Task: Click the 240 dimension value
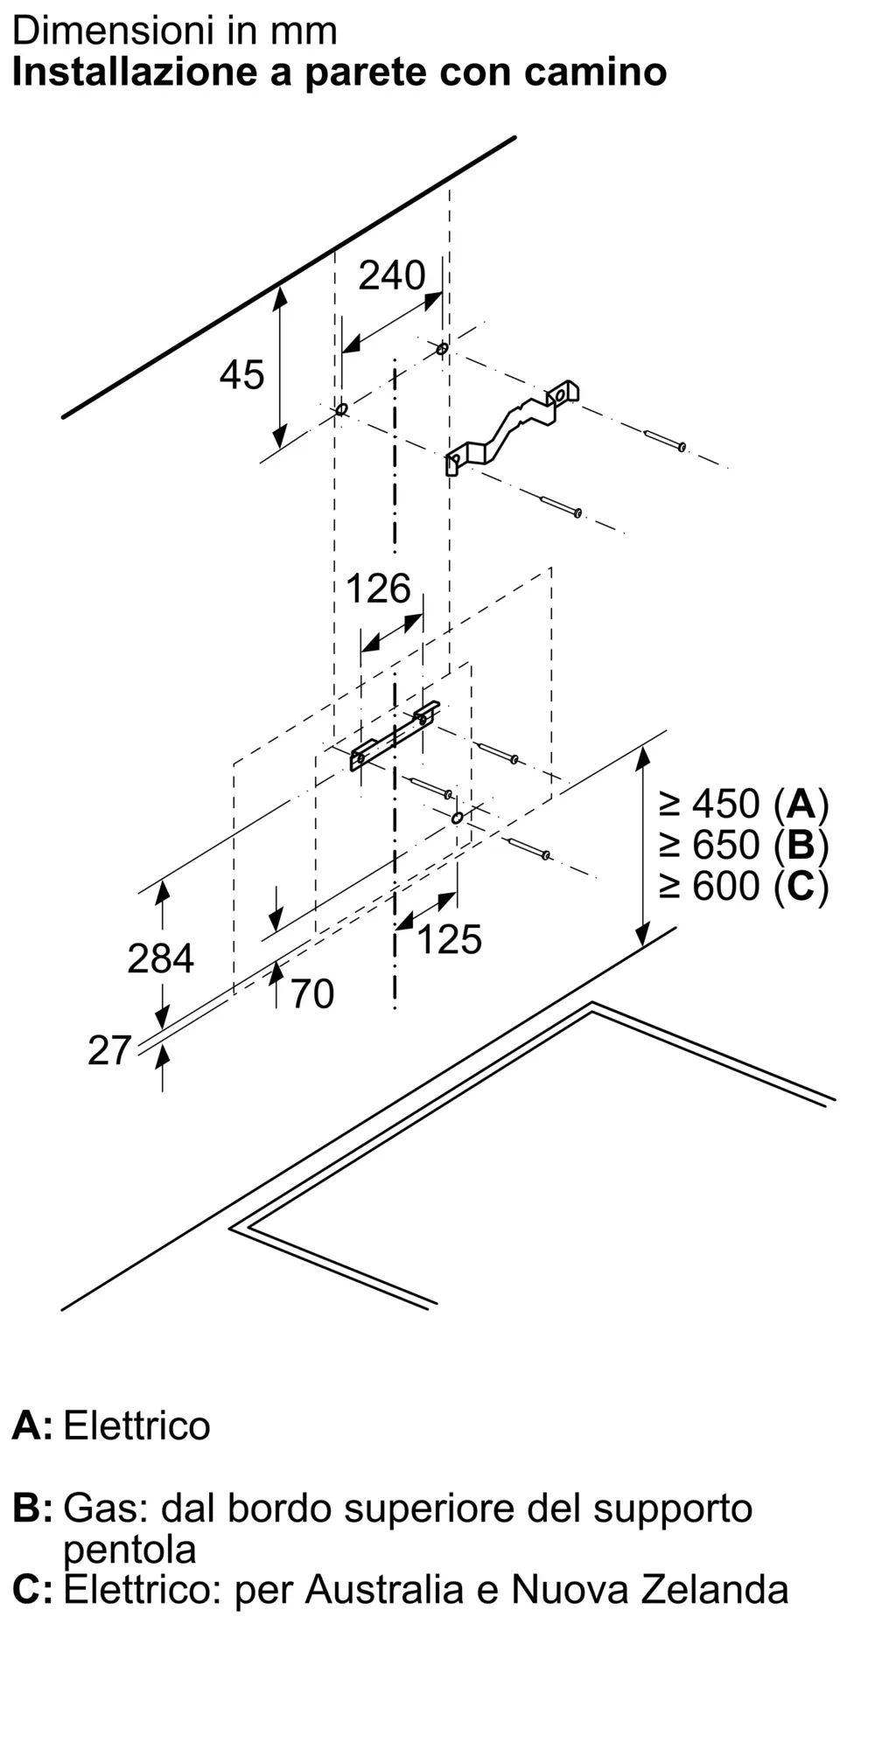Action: (391, 275)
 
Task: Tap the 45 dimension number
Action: (241, 375)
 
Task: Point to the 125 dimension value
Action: (449, 940)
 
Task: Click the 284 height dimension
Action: (160, 958)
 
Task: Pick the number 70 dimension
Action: (311, 994)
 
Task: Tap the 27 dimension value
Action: (109, 1050)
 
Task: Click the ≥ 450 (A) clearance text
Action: (743, 804)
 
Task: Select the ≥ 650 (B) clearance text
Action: (743, 845)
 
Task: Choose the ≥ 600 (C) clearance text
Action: (743, 887)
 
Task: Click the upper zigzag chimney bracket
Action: (512, 426)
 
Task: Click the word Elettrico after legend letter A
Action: (136, 1426)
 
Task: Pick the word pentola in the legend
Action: (129, 1550)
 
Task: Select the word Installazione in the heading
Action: (135, 73)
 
